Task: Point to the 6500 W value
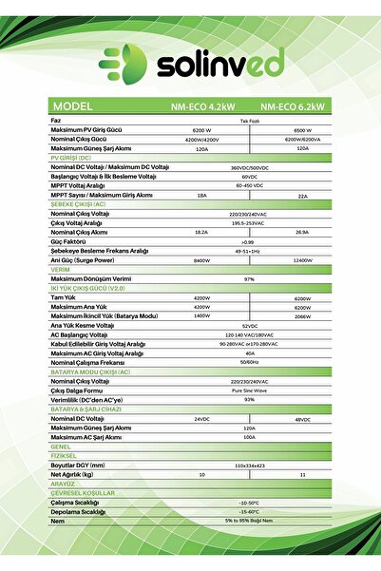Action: point(303,130)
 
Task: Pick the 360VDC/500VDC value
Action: point(250,167)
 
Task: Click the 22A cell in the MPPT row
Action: point(303,195)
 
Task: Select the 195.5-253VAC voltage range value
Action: point(250,222)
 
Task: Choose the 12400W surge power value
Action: point(303,259)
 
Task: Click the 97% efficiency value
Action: point(250,279)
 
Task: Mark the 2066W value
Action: point(303,315)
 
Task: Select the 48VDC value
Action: point(303,419)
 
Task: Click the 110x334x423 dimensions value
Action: point(250,465)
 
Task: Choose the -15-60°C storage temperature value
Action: point(250,511)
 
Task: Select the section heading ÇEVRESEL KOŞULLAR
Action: point(83,493)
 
